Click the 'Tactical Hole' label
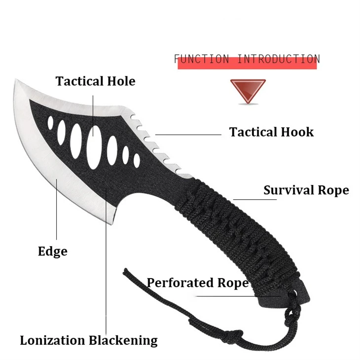(95, 81)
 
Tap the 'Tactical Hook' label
(271, 132)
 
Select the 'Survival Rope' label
(306, 190)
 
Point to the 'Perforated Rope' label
(198, 283)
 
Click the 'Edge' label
(53, 252)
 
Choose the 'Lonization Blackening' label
(89, 340)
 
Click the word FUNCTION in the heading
(202, 59)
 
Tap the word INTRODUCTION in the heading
(278, 59)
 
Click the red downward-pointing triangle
(248, 91)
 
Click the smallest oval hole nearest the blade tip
(50, 123)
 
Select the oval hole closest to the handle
(137, 160)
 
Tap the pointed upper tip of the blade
(16, 80)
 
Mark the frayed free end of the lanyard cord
(125, 270)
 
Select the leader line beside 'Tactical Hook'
(188, 135)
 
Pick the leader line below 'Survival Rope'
(255, 199)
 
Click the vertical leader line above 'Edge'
(57, 210)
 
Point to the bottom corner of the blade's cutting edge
(111, 224)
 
